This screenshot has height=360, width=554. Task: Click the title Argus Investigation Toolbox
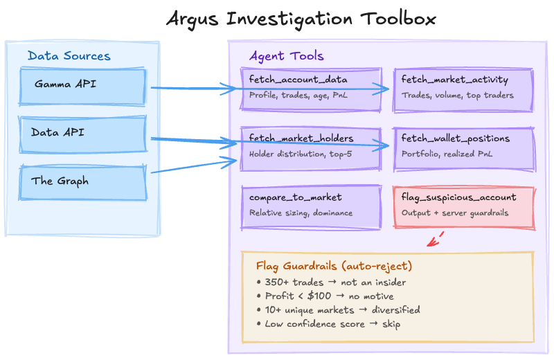tap(301, 19)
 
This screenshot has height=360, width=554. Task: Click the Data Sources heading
tap(69, 55)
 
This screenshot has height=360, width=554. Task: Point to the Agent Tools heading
tap(286, 55)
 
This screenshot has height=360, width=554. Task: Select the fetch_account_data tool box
tap(311, 89)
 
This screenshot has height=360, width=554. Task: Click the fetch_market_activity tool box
tap(463, 89)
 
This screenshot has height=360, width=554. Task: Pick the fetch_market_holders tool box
tap(311, 147)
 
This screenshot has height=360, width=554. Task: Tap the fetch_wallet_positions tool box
tap(463, 147)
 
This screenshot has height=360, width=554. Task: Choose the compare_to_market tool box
tap(311, 206)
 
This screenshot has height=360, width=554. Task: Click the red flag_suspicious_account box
tap(463, 206)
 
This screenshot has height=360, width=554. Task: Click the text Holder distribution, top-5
tap(301, 154)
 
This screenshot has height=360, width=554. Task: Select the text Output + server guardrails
tap(454, 213)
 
